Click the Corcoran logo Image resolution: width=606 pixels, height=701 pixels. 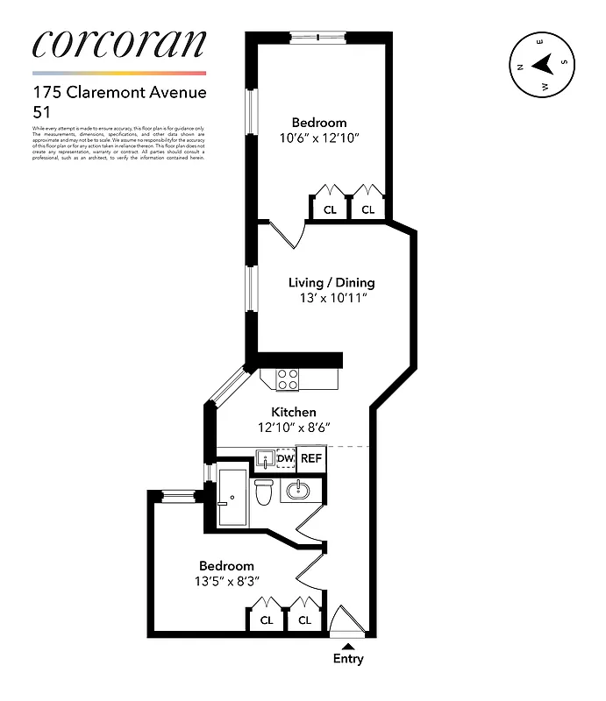tap(119, 44)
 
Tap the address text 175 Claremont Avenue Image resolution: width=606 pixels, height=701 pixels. tap(119, 91)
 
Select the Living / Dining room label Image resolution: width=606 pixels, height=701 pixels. tap(332, 282)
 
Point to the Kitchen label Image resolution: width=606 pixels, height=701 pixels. tap(293, 412)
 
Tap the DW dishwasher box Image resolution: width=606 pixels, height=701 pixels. tap(285, 458)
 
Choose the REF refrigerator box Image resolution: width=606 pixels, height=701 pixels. tap(311, 458)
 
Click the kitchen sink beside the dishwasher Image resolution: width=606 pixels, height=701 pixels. tap(264, 458)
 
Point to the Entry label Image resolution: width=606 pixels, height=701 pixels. tap(348, 659)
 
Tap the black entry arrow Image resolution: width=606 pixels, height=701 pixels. tap(348, 646)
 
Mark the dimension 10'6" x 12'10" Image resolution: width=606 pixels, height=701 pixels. tap(319, 138)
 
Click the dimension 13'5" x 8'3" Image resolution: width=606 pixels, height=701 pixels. tap(226, 581)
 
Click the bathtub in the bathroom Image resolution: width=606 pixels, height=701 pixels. tap(232, 497)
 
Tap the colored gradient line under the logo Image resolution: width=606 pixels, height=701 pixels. tap(119, 73)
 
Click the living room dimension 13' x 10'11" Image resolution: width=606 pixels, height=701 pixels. tap(332, 298)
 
